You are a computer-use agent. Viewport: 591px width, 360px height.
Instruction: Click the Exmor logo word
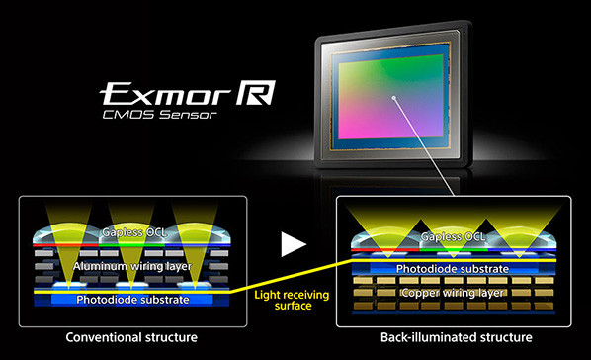coord(165,94)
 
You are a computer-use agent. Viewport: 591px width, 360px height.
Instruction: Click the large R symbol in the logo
coord(256,92)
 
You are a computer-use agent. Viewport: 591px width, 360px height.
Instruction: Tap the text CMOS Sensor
coord(160,115)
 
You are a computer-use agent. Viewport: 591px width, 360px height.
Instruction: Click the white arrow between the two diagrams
coord(294,244)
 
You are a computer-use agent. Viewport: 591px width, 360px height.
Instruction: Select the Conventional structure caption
coord(131,337)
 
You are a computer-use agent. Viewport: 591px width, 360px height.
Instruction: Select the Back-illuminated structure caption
coord(456,337)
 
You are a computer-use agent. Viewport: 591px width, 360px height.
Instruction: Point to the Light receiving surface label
coord(292,300)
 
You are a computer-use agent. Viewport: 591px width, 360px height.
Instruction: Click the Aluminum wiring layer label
coord(132,266)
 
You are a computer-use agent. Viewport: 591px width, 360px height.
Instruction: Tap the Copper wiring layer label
coord(453,293)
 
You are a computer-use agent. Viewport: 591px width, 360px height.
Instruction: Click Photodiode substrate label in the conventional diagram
coord(132,300)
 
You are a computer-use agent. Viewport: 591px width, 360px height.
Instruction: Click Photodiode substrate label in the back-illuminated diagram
coord(453,269)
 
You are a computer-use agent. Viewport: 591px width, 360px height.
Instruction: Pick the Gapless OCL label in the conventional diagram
coord(134,232)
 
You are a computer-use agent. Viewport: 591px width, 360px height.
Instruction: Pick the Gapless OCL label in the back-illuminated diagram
coord(453,237)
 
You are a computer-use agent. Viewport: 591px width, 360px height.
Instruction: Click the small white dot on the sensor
coord(394,98)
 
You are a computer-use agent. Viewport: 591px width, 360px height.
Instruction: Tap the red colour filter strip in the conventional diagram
coord(66,245)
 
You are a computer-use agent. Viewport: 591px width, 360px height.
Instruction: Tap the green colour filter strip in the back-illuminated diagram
coord(454,250)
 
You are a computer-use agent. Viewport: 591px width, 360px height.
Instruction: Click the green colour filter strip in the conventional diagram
coord(131,245)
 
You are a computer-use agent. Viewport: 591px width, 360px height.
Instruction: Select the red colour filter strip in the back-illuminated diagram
coord(384,250)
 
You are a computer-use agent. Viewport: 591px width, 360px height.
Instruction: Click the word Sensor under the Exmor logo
coord(188,115)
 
